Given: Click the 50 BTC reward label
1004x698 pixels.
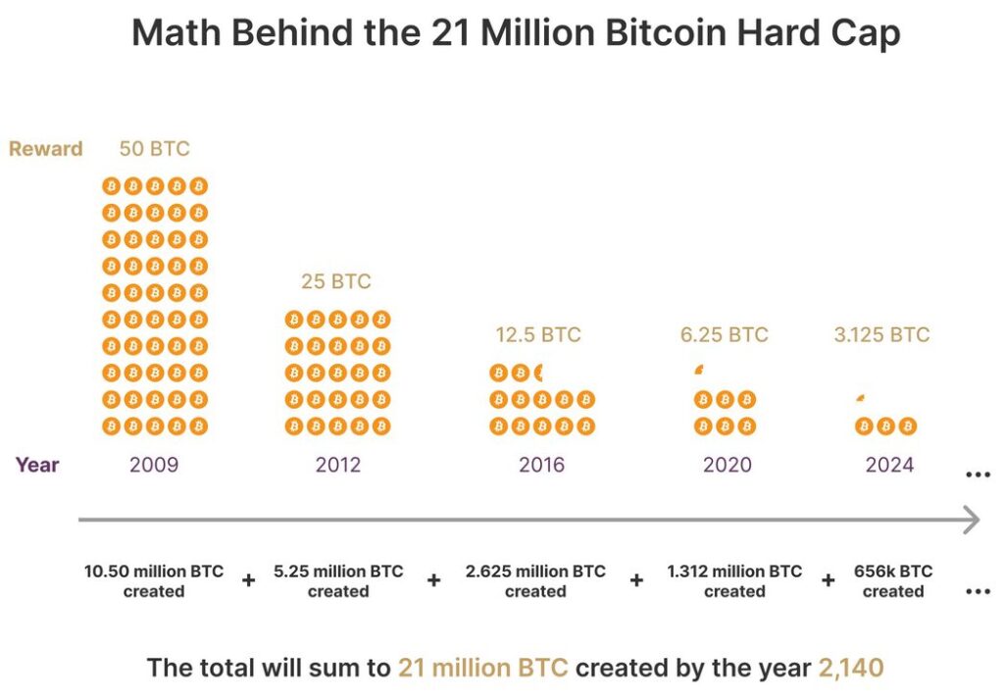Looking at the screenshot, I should [x=154, y=149].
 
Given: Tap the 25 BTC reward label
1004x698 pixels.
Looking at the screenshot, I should [x=336, y=281].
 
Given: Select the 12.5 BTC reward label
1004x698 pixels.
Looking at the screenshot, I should [x=538, y=334].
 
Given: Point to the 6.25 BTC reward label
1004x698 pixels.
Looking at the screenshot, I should [x=725, y=334].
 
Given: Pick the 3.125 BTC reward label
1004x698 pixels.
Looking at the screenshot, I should [x=881, y=334].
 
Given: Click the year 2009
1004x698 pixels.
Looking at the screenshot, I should [x=154, y=464].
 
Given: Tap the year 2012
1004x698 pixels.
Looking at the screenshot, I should [x=338, y=464].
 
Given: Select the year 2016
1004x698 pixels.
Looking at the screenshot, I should [x=542, y=464].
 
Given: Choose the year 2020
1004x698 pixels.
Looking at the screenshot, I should [x=728, y=464].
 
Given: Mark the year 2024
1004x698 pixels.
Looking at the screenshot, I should [x=889, y=464].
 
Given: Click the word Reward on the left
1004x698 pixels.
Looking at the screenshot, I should [x=46, y=149].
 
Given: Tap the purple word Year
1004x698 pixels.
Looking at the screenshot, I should [x=37, y=464].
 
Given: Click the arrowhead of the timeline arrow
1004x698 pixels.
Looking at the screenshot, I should [x=971, y=520].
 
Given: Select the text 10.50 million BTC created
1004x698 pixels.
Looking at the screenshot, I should [x=154, y=581].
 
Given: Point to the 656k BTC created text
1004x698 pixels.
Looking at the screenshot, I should [x=893, y=581].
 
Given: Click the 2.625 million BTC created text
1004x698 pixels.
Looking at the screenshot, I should [x=535, y=581].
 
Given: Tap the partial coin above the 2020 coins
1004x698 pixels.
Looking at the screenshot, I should [x=699, y=371].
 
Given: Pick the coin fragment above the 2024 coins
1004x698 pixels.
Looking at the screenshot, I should [x=860, y=397].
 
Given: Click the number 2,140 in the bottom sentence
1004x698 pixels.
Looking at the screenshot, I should [x=851, y=669].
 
